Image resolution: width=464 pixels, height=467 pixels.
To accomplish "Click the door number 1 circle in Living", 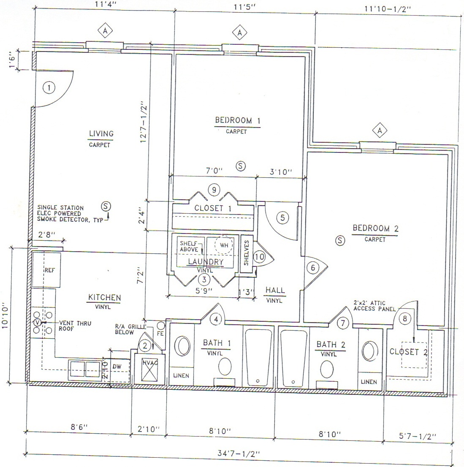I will pos(49,88).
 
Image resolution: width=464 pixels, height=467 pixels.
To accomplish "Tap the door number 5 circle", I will pos(282,217).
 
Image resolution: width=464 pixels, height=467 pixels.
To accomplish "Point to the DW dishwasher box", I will pos(117,367).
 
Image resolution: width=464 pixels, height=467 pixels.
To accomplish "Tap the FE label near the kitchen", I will pos(160,334).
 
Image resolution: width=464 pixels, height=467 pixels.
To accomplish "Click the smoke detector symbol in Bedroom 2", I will pos(340,240).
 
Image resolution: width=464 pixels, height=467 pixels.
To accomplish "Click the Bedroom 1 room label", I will pos(237,120).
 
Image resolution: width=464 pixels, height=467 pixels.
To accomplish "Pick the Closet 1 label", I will pos(212,208).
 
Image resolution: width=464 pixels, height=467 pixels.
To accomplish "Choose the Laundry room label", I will pos(205,262).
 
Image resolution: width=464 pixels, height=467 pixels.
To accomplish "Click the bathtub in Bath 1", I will pos(258,357).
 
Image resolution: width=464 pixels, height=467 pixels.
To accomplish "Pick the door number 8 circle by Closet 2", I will pos(405,319).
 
